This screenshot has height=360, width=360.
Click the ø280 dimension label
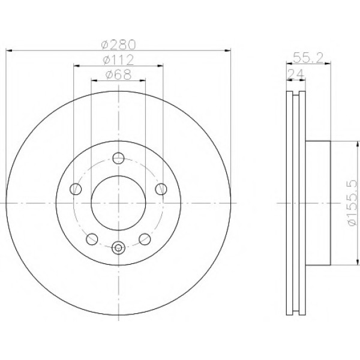pos(119,44)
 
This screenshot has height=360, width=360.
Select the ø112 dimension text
pos(118,60)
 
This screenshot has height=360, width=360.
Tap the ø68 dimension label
pos(118,74)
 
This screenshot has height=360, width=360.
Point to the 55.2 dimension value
pos(308,58)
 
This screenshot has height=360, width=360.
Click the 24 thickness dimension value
pos(296,74)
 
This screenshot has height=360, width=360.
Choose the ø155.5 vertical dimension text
pos(352,203)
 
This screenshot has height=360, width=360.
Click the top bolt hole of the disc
pos(118,158)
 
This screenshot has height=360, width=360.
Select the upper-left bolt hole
pos(76,189)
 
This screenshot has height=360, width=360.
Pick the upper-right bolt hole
pos(161,189)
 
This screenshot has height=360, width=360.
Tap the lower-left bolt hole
pos(92,239)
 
